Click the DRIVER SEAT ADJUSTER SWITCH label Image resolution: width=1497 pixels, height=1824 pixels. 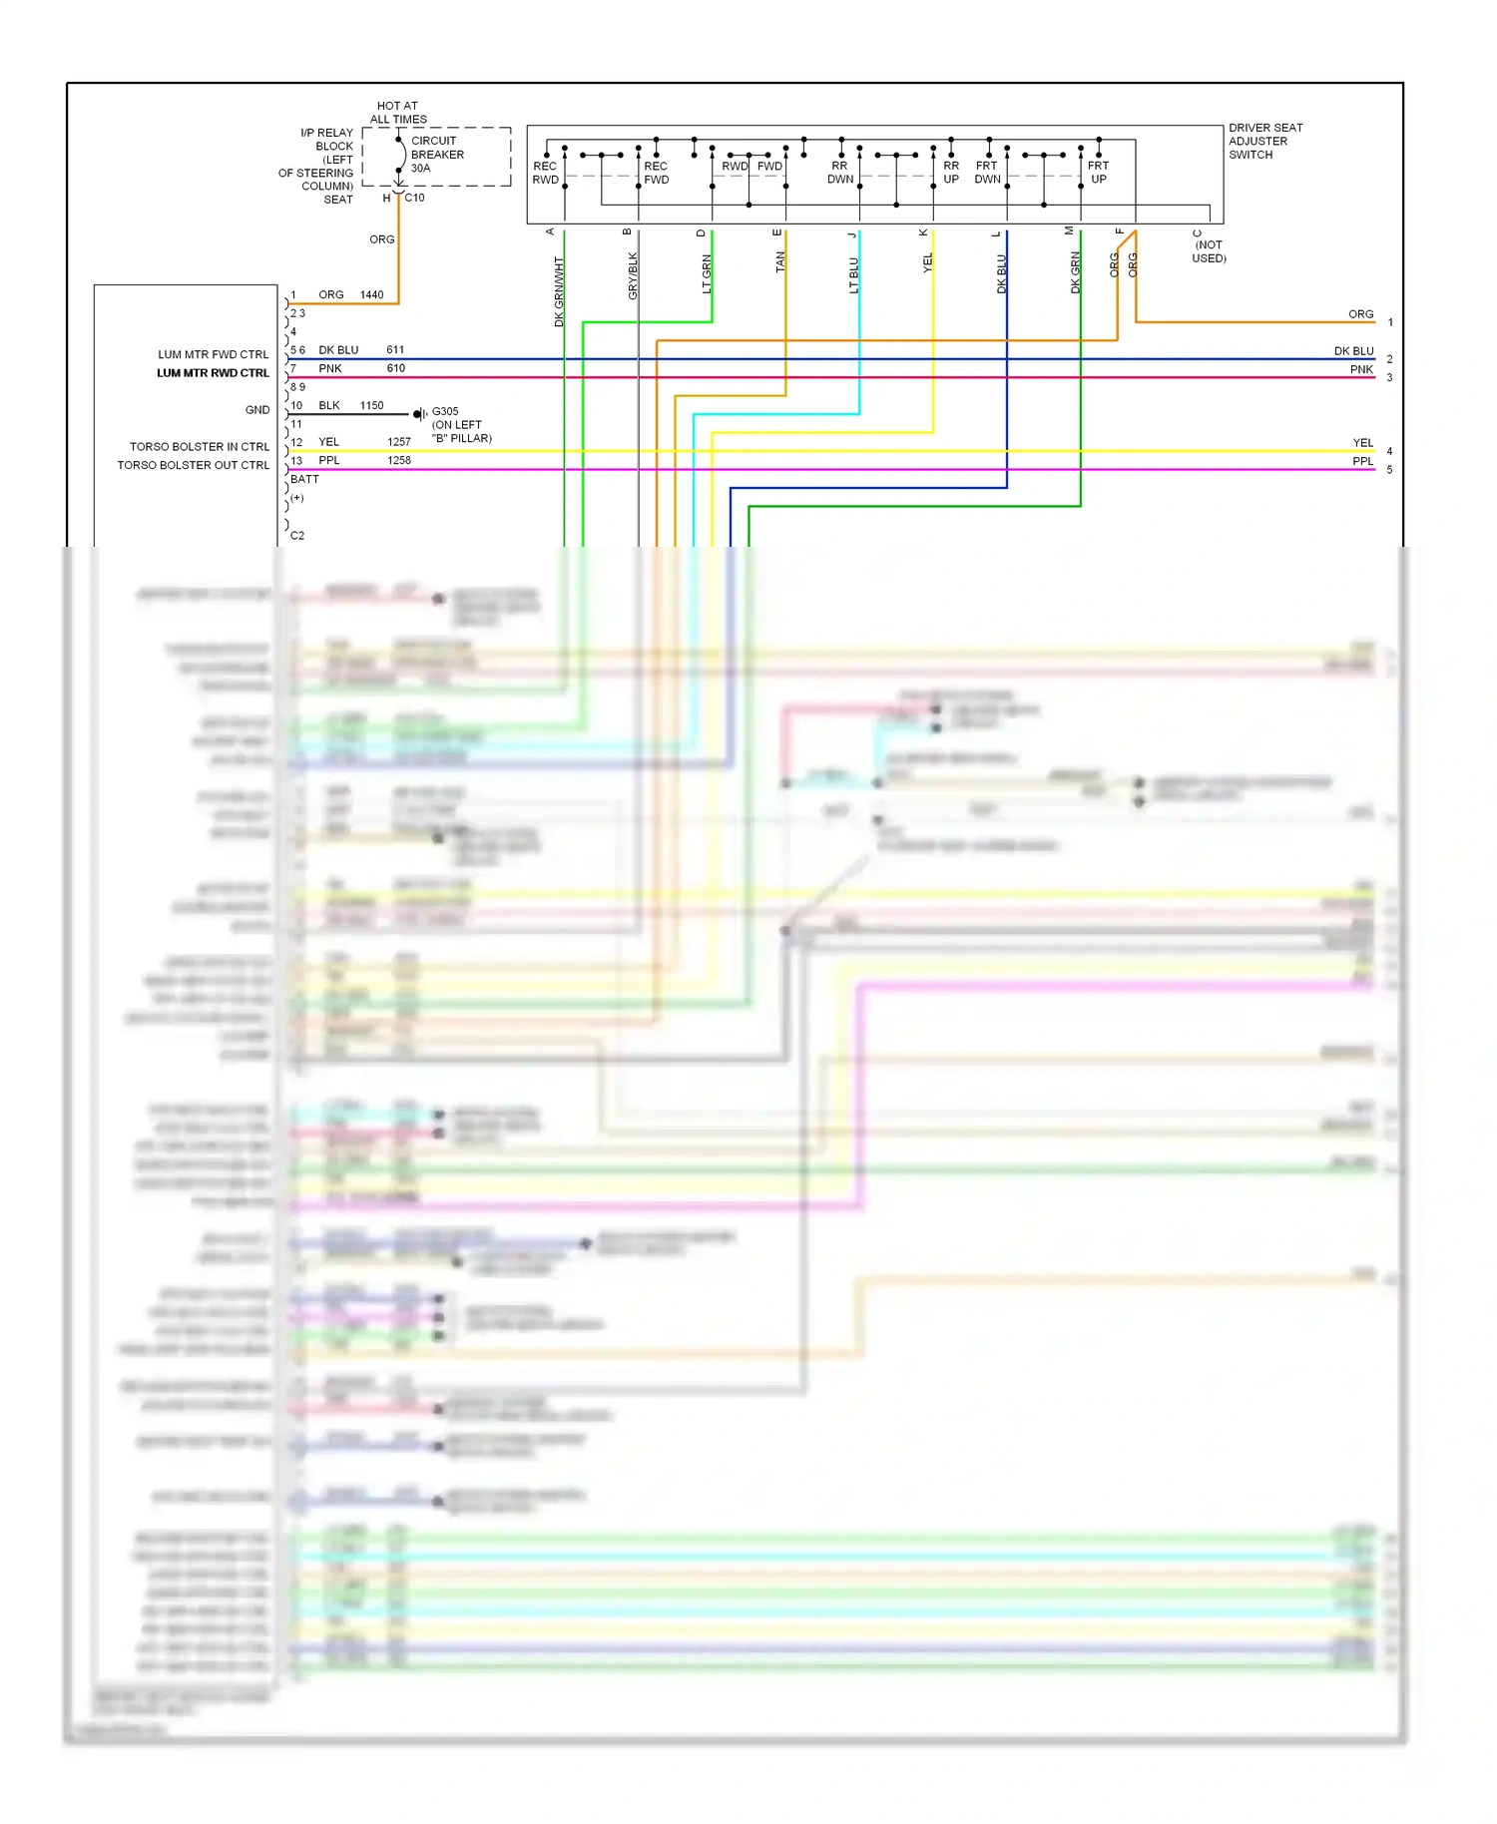(1264, 141)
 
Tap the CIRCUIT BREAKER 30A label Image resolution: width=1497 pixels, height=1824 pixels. (437, 155)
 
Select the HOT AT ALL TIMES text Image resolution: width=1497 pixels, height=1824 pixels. (398, 112)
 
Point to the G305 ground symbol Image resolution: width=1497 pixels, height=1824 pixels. (421, 413)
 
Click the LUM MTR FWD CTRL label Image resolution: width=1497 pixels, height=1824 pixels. (213, 354)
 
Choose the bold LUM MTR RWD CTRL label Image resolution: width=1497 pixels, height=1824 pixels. (213, 373)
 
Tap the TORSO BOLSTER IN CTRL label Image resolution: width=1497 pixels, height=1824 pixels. (199, 447)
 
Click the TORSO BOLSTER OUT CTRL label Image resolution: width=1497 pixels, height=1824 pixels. (193, 465)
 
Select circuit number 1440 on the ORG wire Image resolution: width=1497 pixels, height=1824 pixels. (371, 295)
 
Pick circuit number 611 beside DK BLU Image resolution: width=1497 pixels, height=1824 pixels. (395, 350)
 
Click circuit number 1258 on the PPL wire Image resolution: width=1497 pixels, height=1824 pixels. (398, 461)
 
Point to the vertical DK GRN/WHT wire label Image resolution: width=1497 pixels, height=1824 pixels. (559, 291)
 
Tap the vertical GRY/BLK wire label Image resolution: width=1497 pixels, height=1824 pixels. (633, 275)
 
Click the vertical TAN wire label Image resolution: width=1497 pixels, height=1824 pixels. (780, 261)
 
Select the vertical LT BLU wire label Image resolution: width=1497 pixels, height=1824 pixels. (854, 275)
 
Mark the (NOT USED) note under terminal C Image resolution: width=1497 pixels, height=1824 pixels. (1209, 251)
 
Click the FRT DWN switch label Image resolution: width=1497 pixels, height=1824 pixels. (987, 173)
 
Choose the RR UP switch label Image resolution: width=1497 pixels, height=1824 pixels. (951, 173)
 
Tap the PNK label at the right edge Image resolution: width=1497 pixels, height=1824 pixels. (1361, 370)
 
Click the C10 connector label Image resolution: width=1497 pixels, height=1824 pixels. (414, 198)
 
